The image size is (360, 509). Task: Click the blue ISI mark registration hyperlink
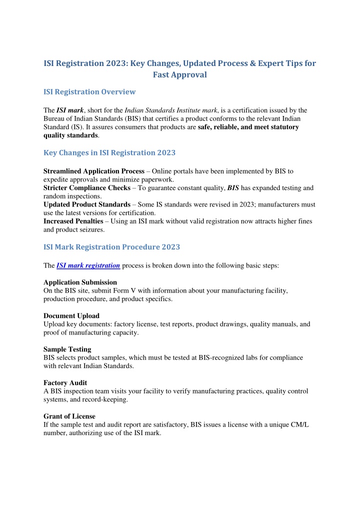click(88, 266)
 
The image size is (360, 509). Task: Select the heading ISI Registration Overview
click(89, 91)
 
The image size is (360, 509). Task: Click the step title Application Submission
click(80, 282)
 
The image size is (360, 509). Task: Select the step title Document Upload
click(71, 316)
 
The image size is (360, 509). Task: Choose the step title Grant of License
click(69, 416)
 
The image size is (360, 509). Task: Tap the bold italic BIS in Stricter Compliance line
click(233, 188)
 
